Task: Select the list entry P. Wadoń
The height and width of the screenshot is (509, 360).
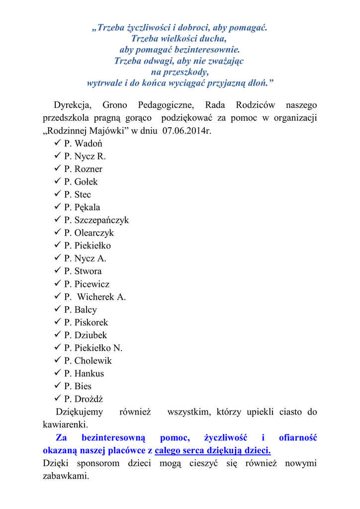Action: pos(83,144)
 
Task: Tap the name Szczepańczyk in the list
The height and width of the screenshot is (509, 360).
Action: pos(101,220)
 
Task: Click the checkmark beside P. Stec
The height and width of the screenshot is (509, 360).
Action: pos(56,194)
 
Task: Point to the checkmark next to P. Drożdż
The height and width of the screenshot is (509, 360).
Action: pos(56,399)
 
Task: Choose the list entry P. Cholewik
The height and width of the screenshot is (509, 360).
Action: pos(88,360)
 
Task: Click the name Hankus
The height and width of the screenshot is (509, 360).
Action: pos(89,373)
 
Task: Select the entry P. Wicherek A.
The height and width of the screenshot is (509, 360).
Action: pos(95,297)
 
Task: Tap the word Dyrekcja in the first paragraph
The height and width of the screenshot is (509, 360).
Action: pos(73,105)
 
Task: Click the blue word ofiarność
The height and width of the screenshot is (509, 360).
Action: pos(298,438)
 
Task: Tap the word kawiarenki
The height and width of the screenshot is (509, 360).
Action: pos(65,425)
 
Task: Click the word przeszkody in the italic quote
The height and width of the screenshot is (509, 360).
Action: pos(180,72)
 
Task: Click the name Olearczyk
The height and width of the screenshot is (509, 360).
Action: pos(94,233)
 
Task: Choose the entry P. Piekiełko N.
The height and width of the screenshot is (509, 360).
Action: pos(93,348)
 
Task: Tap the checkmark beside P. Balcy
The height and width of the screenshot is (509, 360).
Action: pos(56,310)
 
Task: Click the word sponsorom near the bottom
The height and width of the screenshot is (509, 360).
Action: pos(98,463)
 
